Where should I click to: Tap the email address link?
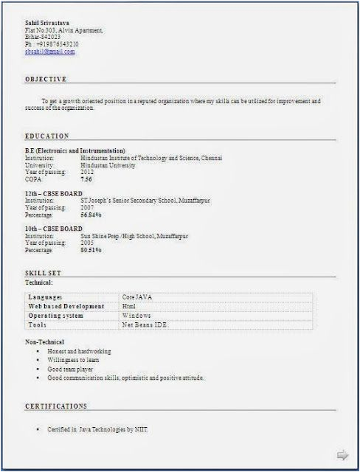tap(49, 52)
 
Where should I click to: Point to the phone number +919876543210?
tap(57, 44)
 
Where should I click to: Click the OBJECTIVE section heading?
tap(46, 79)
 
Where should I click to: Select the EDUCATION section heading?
tap(47, 136)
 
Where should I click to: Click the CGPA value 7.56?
tap(86, 179)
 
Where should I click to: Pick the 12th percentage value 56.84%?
tap(91, 215)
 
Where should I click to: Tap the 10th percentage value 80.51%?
tap(91, 249)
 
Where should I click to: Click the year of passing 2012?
tap(87, 172)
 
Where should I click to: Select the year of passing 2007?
tap(87, 207)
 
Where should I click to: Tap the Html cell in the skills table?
tap(129, 305)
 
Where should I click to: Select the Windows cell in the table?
tap(136, 315)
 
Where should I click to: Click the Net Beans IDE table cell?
tap(145, 324)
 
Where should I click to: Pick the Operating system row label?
tap(56, 315)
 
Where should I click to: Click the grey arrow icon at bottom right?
tap(342, 454)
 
